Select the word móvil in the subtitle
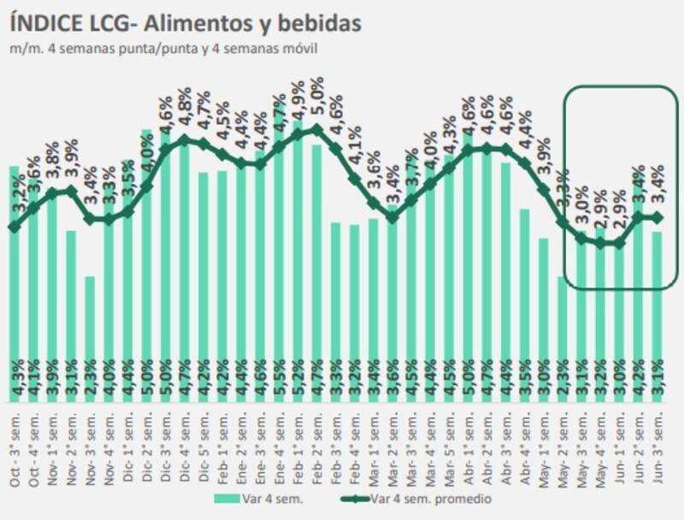click(x=301, y=48)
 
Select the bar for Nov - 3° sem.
click(x=90, y=342)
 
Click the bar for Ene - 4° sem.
click(x=279, y=274)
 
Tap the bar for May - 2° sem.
click(x=563, y=342)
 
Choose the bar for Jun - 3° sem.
click(x=657, y=325)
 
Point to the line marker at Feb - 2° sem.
click(x=316, y=129)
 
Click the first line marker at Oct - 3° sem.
click(x=14, y=227)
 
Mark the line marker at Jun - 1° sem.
click(x=619, y=244)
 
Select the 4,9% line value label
click(x=298, y=101)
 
